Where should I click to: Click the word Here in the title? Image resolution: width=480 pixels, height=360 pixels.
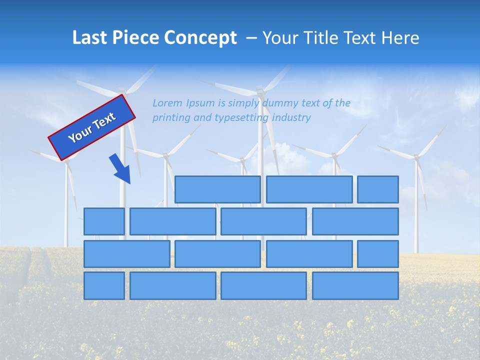tap(399, 38)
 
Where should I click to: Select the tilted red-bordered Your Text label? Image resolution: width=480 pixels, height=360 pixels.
tap(91, 127)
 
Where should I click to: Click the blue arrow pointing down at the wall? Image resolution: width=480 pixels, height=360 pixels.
tap(120, 168)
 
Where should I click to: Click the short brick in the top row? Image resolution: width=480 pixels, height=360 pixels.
tap(377, 189)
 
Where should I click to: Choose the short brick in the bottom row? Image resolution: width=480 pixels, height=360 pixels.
tap(104, 285)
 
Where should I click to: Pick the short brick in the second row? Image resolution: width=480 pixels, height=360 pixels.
tap(104, 221)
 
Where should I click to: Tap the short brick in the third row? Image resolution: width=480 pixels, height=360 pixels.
tap(377, 253)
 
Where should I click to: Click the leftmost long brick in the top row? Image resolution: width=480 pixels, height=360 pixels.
tap(217, 189)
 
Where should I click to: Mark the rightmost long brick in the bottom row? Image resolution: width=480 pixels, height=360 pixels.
tap(355, 285)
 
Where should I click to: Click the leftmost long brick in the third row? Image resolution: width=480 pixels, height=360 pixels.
tap(126, 253)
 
